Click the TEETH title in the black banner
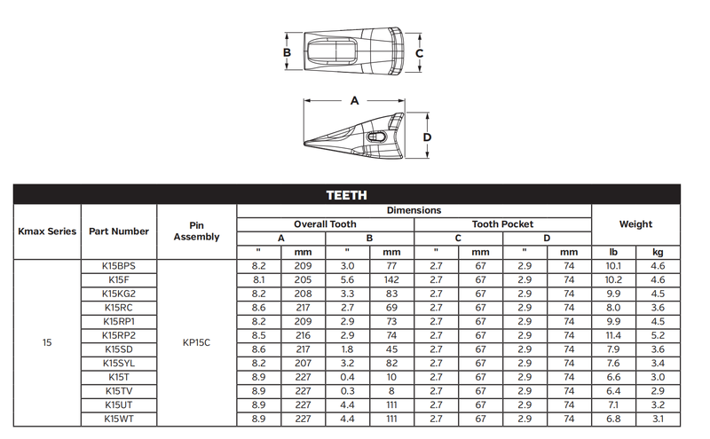(346, 195)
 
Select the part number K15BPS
(119, 266)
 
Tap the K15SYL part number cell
(119, 364)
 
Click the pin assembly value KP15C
(196, 342)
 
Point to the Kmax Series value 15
(47, 342)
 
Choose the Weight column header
(635, 224)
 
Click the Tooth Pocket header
(502, 224)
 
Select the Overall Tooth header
(325, 224)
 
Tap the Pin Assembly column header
(196, 231)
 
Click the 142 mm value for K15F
(391, 280)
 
